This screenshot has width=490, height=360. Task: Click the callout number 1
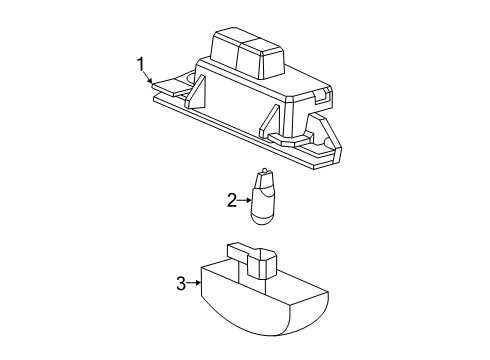pos(141,64)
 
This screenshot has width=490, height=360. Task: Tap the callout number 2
pos(232,200)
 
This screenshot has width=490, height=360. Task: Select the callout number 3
pos(181,284)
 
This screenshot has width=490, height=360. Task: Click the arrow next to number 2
pos(244,200)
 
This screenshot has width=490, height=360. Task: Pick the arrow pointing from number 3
pos(194,283)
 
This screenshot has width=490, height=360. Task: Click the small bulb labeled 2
pos(263,197)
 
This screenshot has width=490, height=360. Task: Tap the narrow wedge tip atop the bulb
pos(264,171)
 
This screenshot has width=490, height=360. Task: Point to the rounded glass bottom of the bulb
pos(263,218)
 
